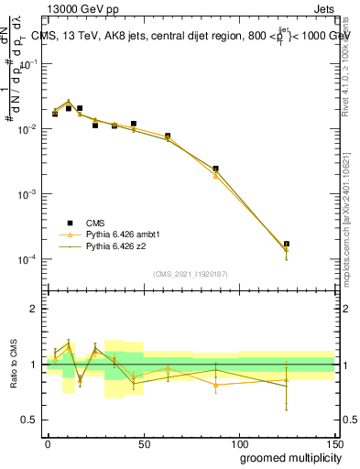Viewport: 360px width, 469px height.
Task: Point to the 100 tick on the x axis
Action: [x=238, y=442]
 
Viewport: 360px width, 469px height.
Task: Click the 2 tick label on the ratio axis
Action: [x=34, y=309]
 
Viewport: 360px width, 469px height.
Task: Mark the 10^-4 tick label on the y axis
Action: [x=27, y=260]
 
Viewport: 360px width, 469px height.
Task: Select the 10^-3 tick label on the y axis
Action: [x=27, y=195]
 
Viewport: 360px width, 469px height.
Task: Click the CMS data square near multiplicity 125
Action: [x=287, y=245]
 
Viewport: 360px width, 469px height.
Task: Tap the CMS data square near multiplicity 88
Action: [x=215, y=169]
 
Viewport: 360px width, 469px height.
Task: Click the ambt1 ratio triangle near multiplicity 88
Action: [x=215, y=385]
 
